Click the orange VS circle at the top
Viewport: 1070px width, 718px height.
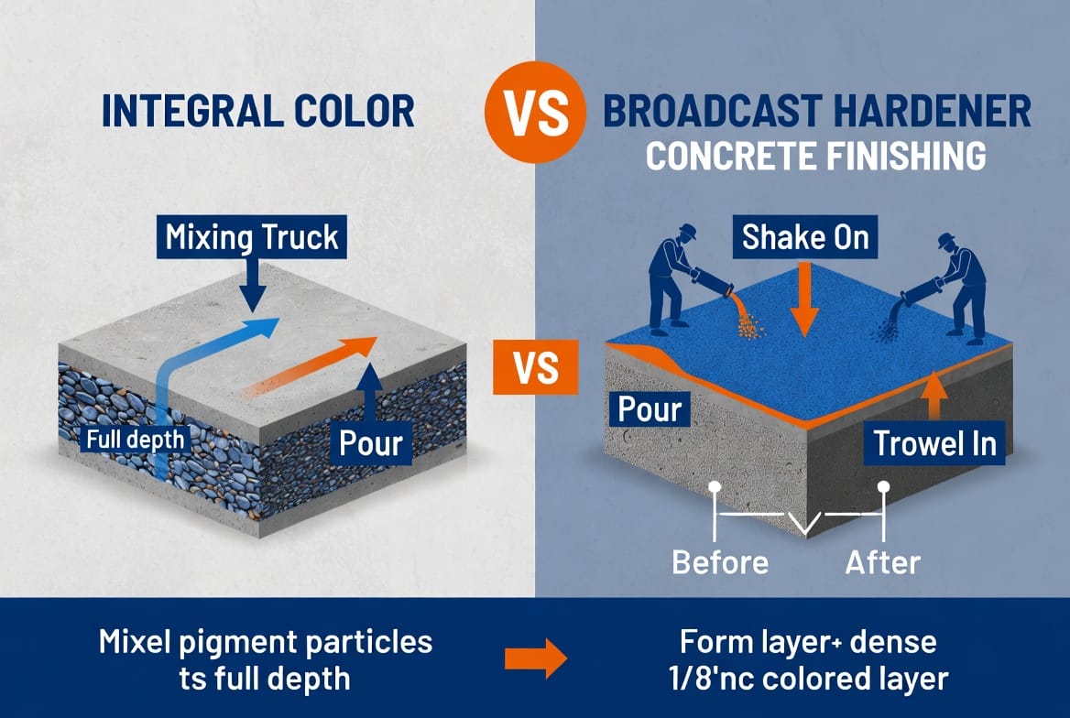536,112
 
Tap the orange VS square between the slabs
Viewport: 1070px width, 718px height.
536,367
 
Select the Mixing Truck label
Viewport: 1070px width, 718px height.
252,237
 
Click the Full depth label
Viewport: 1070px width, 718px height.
135,439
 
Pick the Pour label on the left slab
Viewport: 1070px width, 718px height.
371,443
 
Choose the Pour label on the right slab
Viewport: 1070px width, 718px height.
649,408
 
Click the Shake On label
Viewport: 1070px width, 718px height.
805,237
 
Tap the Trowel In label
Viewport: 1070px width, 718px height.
934,443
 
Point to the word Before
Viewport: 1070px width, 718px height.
720,562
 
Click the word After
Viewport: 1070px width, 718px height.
883,562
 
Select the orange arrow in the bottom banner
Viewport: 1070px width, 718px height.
536,658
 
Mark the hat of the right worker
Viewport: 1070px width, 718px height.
946,241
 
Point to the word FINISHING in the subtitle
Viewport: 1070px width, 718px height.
906,156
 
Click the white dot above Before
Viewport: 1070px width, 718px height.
715,487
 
